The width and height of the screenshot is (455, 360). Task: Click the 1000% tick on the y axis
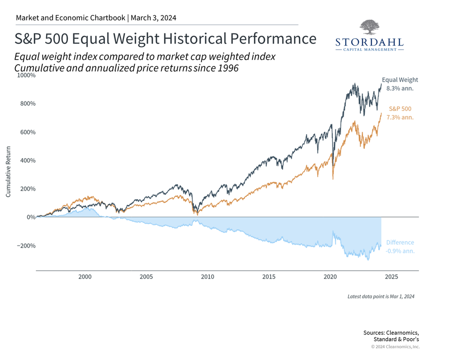click(26, 75)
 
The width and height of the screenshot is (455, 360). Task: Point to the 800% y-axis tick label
click(27, 104)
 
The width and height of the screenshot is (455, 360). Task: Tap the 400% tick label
click(27, 160)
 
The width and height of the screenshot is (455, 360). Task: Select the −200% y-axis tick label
click(26, 246)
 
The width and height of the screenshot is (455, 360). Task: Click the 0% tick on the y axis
click(30, 217)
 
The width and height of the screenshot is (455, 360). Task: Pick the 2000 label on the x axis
click(85, 276)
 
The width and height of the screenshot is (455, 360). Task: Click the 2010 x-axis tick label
click(207, 276)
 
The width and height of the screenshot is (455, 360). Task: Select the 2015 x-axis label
click(269, 276)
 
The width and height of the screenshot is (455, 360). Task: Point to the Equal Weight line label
click(400, 80)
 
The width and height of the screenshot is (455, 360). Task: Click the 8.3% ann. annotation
click(400, 89)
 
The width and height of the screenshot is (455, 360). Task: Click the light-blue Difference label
click(400, 243)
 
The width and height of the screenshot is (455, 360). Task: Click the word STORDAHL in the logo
click(369, 42)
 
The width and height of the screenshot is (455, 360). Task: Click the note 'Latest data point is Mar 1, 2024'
click(380, 296)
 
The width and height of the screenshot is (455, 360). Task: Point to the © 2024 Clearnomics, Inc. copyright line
click(395, 347)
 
